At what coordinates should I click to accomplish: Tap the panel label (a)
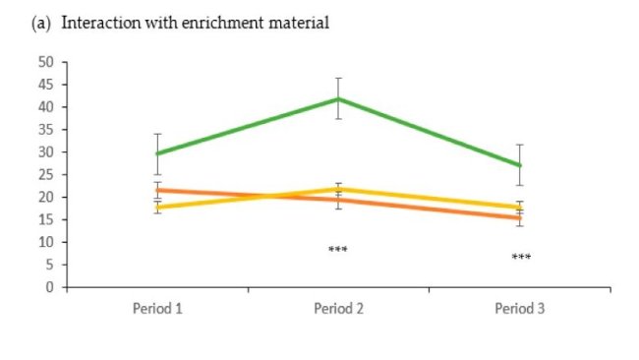coord(43,23)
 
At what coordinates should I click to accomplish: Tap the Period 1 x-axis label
coord(157,308)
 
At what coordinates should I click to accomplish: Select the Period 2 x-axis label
coord(339,308)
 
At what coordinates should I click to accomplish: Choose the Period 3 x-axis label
coord(520,308)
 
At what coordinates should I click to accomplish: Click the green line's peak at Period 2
coord(339,98)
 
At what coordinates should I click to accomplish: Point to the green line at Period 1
coord(157,153)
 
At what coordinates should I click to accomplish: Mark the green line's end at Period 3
coord(520,165)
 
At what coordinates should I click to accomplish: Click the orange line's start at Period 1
coord(157,190)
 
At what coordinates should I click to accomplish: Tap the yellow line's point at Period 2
coord(339,188)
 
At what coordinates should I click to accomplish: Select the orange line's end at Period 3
coord(520,218)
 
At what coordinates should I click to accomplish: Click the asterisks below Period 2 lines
coord(338,250)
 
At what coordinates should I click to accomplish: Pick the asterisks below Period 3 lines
coord(521,258)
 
